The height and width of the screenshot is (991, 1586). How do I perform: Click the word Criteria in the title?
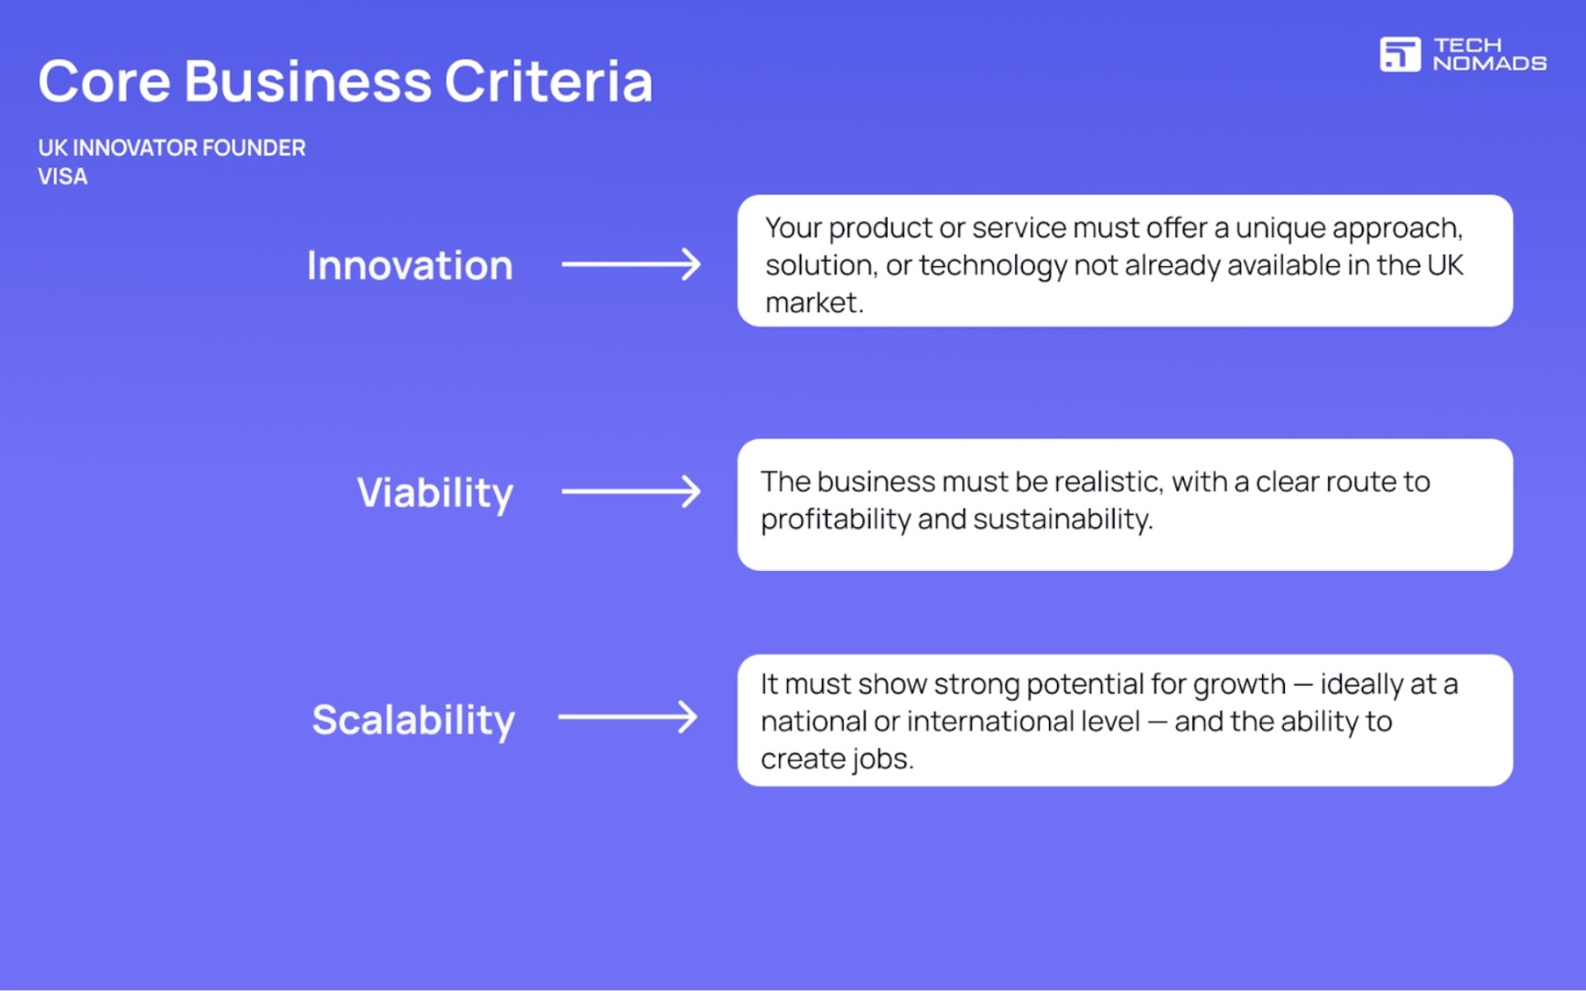(x=548, y=81)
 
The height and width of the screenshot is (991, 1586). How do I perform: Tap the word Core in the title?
(x=104, y=81)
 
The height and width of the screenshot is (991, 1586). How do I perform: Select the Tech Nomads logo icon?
(x=1399, y=54)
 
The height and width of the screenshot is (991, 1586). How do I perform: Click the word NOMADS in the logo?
(x=1489, y=64)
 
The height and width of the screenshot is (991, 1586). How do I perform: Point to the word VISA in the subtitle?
(x=62, y=177)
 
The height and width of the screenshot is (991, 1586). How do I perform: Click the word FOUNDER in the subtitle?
(x=254, y=148)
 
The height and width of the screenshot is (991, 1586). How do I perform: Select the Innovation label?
(x=409, y=265)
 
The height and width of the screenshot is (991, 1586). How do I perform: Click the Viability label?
(x=435, y=492)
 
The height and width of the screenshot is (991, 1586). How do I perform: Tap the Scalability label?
(x=413, y=719)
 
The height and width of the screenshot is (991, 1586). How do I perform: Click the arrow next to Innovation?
(x=631, y=264)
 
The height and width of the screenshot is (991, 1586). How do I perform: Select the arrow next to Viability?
(x=631, y=491)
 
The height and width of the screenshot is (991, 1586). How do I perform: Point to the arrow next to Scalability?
(x=628, y=716)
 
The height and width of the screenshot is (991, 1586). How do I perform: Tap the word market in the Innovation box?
(x=812, y=303)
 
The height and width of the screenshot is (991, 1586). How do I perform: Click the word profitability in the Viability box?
(x=835, y=519)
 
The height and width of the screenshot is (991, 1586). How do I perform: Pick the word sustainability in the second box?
(x=1061, y=519)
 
